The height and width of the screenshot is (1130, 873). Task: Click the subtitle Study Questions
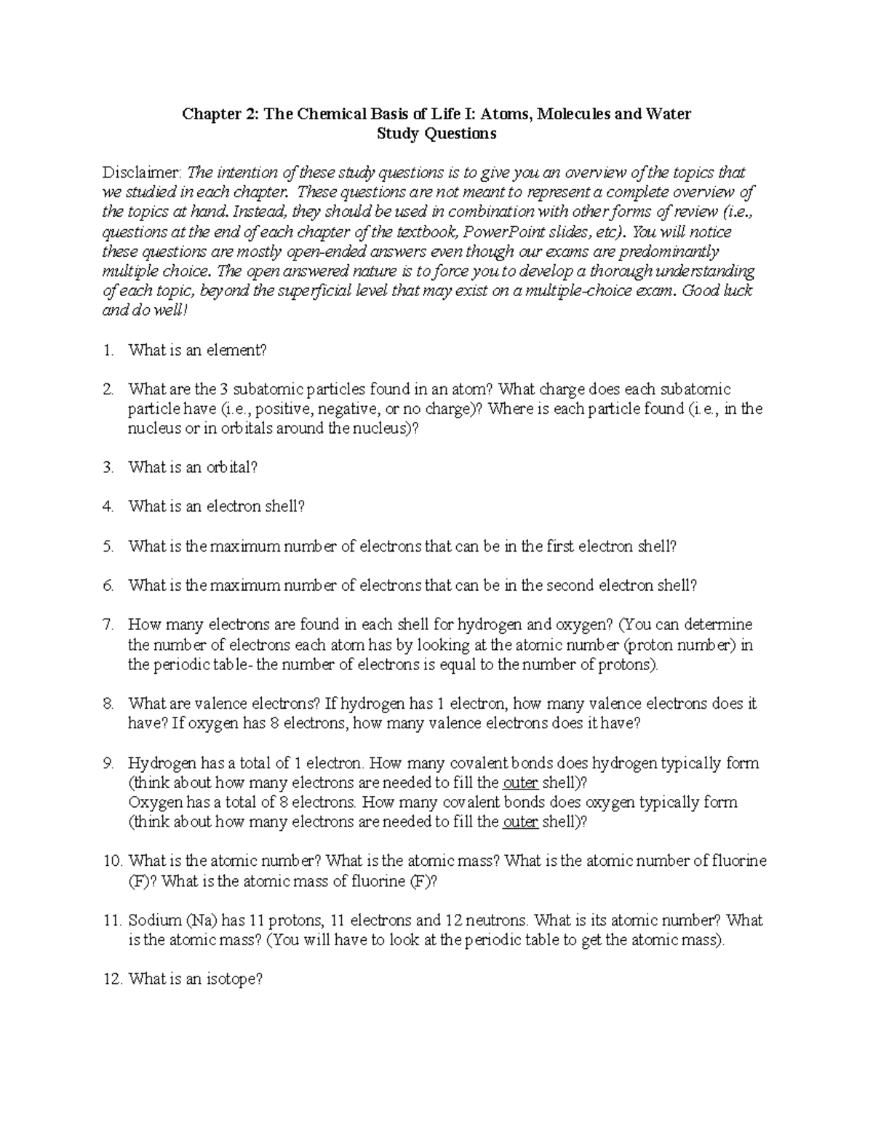(x=436, y=133)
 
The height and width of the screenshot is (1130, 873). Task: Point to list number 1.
(x=108, y=350)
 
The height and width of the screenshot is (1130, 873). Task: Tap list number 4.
(x=108, y=506)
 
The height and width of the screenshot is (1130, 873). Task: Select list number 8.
(x=108, y=704)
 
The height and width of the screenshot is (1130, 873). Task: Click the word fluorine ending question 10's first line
(x=739, y=862)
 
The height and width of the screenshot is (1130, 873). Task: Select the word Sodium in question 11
(x=152, y=920)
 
